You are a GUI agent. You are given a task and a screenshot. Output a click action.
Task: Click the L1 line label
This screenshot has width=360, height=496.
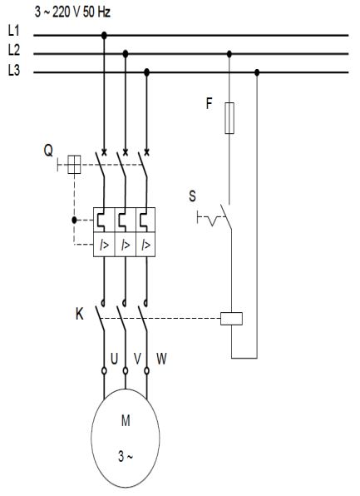[13, 31]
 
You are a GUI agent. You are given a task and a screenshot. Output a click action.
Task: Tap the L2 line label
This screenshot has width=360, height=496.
[13, 50]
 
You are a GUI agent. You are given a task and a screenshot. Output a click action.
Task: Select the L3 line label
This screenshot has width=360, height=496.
[13, 70]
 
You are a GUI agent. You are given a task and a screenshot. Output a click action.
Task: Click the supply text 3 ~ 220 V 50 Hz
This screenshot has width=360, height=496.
[72, 12]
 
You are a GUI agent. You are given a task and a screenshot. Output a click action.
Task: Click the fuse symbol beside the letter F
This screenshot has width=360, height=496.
[229, 118]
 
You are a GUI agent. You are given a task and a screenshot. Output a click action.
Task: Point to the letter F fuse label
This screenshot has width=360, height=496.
[209, 103]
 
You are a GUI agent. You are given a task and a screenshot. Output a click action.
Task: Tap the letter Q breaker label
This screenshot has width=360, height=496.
[48, 151]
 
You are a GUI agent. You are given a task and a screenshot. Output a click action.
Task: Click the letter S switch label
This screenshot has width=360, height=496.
[192, 196]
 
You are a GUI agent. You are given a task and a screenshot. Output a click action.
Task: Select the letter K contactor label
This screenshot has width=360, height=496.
[80, 314]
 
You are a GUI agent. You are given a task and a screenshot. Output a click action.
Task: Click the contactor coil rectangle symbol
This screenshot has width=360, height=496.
[231, 319]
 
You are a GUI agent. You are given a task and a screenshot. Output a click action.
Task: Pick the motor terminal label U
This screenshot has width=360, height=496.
[114, 359]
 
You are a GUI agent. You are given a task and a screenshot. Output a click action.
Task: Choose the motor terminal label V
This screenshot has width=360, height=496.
[137, 359]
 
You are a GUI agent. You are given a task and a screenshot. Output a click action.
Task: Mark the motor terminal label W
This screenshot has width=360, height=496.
[161, 359]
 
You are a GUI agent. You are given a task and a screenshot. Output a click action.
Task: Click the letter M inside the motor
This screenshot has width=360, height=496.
[126, 421]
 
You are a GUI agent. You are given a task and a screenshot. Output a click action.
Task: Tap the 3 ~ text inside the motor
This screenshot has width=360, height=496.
[126, 456]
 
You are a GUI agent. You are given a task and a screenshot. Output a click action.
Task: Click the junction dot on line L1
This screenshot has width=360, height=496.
[104, 35]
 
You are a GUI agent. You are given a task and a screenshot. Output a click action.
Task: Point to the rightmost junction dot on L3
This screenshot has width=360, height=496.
[257, 72]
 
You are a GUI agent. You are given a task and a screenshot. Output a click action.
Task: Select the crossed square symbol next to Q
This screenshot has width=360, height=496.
[74, 165]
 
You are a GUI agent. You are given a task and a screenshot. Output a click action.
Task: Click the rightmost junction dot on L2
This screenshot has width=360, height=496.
[229, 54]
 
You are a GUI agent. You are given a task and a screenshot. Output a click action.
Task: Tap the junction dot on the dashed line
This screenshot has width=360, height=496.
[74, 221]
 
